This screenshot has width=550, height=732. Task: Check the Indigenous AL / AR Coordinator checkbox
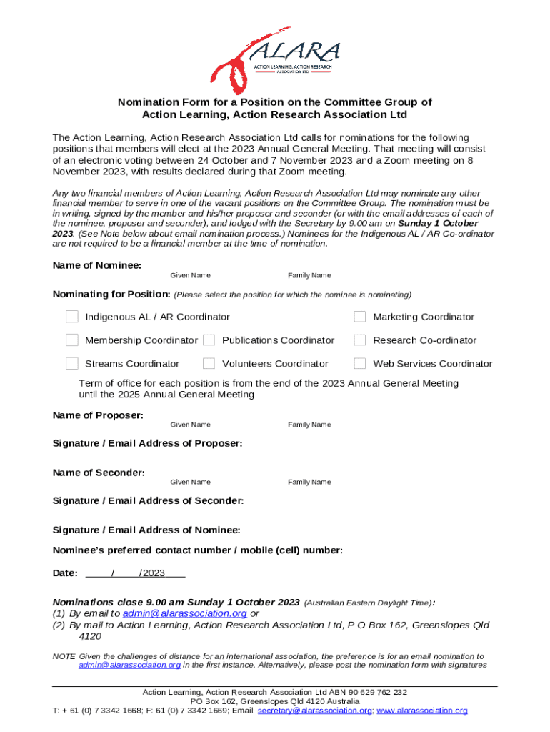click(72, 317)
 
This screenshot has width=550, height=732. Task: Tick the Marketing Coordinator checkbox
click(360, 317)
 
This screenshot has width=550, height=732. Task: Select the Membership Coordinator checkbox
click(72, 340)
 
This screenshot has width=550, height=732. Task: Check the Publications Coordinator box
click(209, 340)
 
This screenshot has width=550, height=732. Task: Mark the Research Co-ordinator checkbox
click(360, 340)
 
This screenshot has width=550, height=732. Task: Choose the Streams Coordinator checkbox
click(72, 364)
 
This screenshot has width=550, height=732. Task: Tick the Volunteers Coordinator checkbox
click(209, 364)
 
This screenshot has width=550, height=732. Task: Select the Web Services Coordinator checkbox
click(360, 364)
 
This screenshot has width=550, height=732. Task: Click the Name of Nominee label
click(97, 265)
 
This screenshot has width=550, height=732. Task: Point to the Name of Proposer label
click(99, 415)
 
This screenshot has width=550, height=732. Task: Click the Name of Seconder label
click(99, 473)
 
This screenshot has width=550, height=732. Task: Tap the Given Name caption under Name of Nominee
click(190, 276)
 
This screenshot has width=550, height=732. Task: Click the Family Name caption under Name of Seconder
click(309, 483)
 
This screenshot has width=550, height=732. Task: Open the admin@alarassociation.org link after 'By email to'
click(185, 613)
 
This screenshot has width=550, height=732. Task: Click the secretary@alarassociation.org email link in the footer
click(314, 711)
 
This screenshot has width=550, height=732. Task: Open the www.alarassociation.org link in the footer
click(422, 711)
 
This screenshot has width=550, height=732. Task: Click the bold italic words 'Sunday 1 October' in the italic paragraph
click(439, 224)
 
